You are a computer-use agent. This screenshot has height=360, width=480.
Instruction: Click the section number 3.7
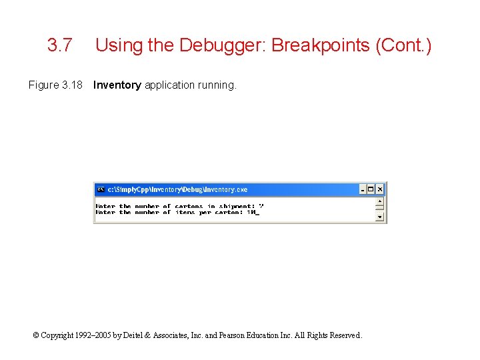pyautogui.click(x=59, y=46)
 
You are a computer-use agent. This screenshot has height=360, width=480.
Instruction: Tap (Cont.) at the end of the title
pyautogui.click(x=403, y=46)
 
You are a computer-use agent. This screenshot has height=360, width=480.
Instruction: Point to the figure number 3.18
pyautogui.click(x=71, y=85)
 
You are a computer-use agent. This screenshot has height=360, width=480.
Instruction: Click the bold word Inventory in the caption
pyautogui.click(x=117, y=85)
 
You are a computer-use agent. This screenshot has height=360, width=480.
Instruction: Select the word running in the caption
pyautogui.click(x=217, y=85)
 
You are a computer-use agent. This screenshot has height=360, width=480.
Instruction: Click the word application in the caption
pyautogui.click(x=169, y=85)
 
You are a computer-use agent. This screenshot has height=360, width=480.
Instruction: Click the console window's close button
pyautogui.click(x=380, y=189)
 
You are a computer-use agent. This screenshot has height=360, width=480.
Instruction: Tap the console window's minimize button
pyautogui.click(x=363, y=189)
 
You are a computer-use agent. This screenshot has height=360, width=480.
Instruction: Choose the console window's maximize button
pyautogui.click(x=371, y=189)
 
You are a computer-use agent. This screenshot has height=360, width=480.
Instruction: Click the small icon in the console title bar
pyautogui.click(x=101, y=189)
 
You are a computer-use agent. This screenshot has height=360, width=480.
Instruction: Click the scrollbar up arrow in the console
pyautogui.click(x=380, y=201)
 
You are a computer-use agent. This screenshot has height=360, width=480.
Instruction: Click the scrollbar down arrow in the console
pyautogui.click(x=380, y=217)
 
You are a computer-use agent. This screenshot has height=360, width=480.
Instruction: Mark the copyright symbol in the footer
pyautogui.click(x=36, y=335)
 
